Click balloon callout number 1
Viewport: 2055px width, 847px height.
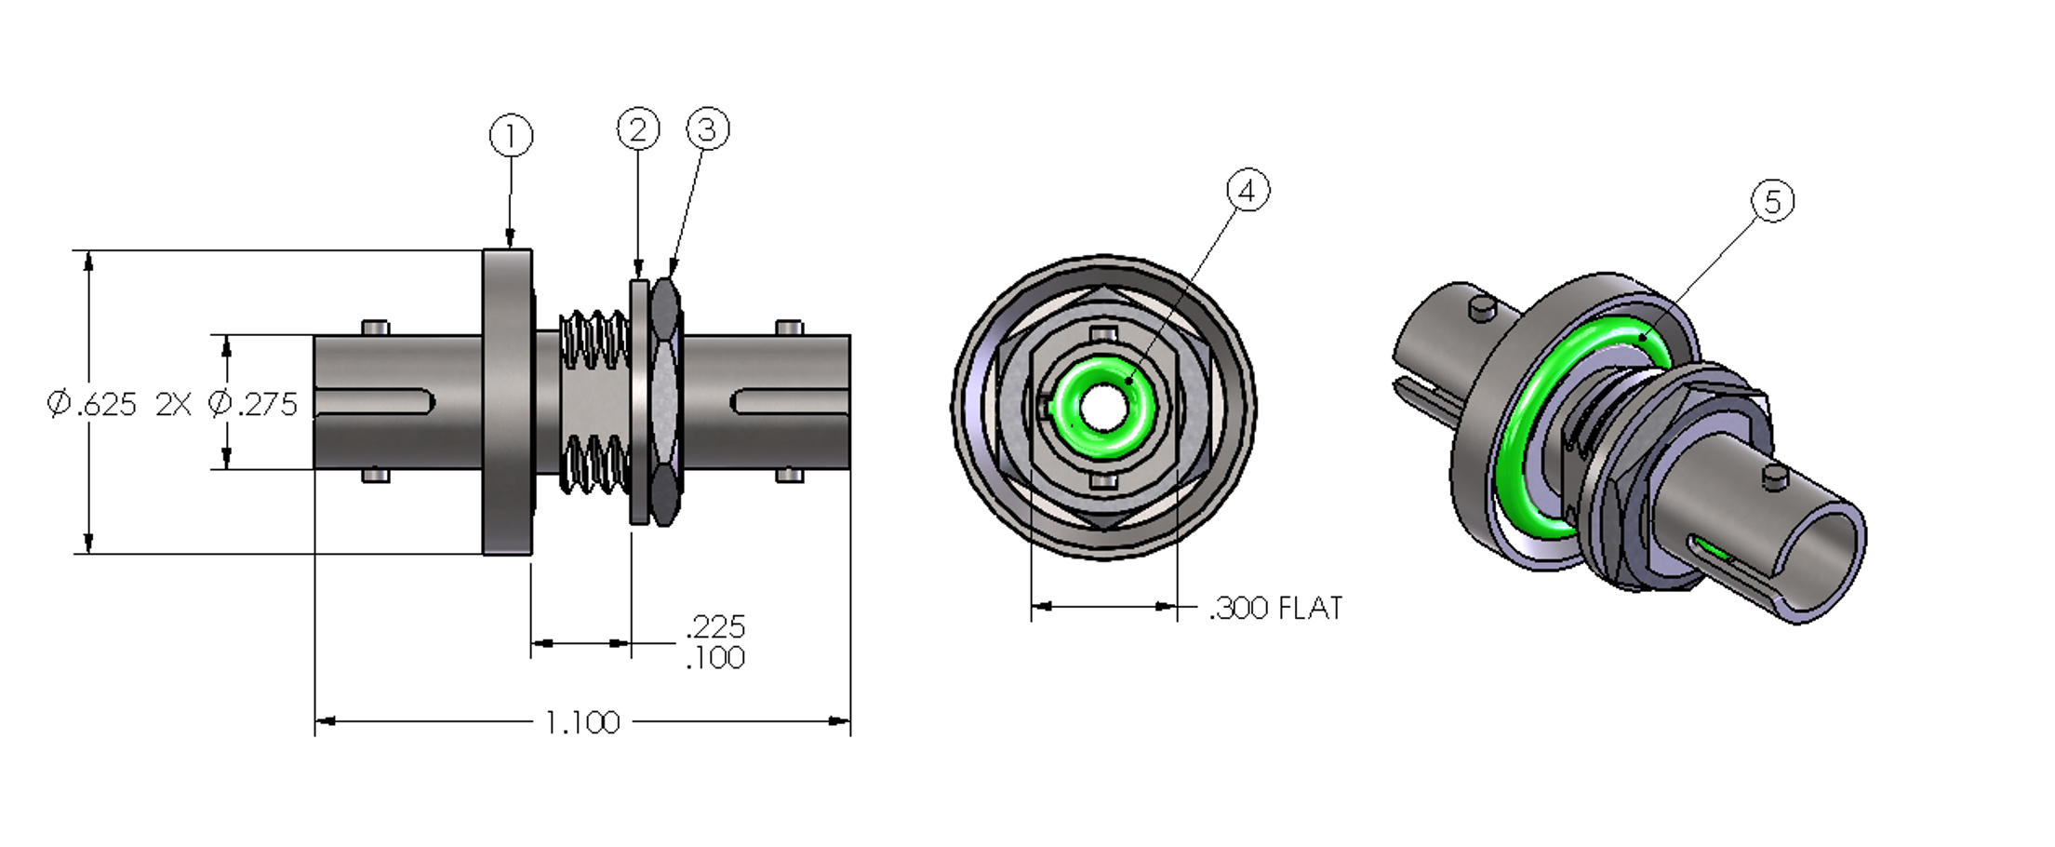[511, 137]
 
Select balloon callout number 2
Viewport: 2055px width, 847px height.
[638, 129]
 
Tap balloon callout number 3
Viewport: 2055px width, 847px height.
[708, 129]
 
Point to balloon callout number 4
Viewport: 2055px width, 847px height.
[1248, 191]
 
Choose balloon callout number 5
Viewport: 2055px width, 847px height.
[1772, 202]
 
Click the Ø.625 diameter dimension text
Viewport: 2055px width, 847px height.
[92, 404]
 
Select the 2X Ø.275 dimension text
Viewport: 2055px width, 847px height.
[226, 404]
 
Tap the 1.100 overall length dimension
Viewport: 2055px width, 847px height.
[582, 722]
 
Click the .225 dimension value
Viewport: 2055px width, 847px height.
[714, 625]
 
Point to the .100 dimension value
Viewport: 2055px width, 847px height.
[714, 658]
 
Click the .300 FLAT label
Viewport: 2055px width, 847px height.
[1275, 609]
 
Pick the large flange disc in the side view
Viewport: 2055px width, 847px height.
[507, 401]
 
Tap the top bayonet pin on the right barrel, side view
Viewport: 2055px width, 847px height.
[789, 328]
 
